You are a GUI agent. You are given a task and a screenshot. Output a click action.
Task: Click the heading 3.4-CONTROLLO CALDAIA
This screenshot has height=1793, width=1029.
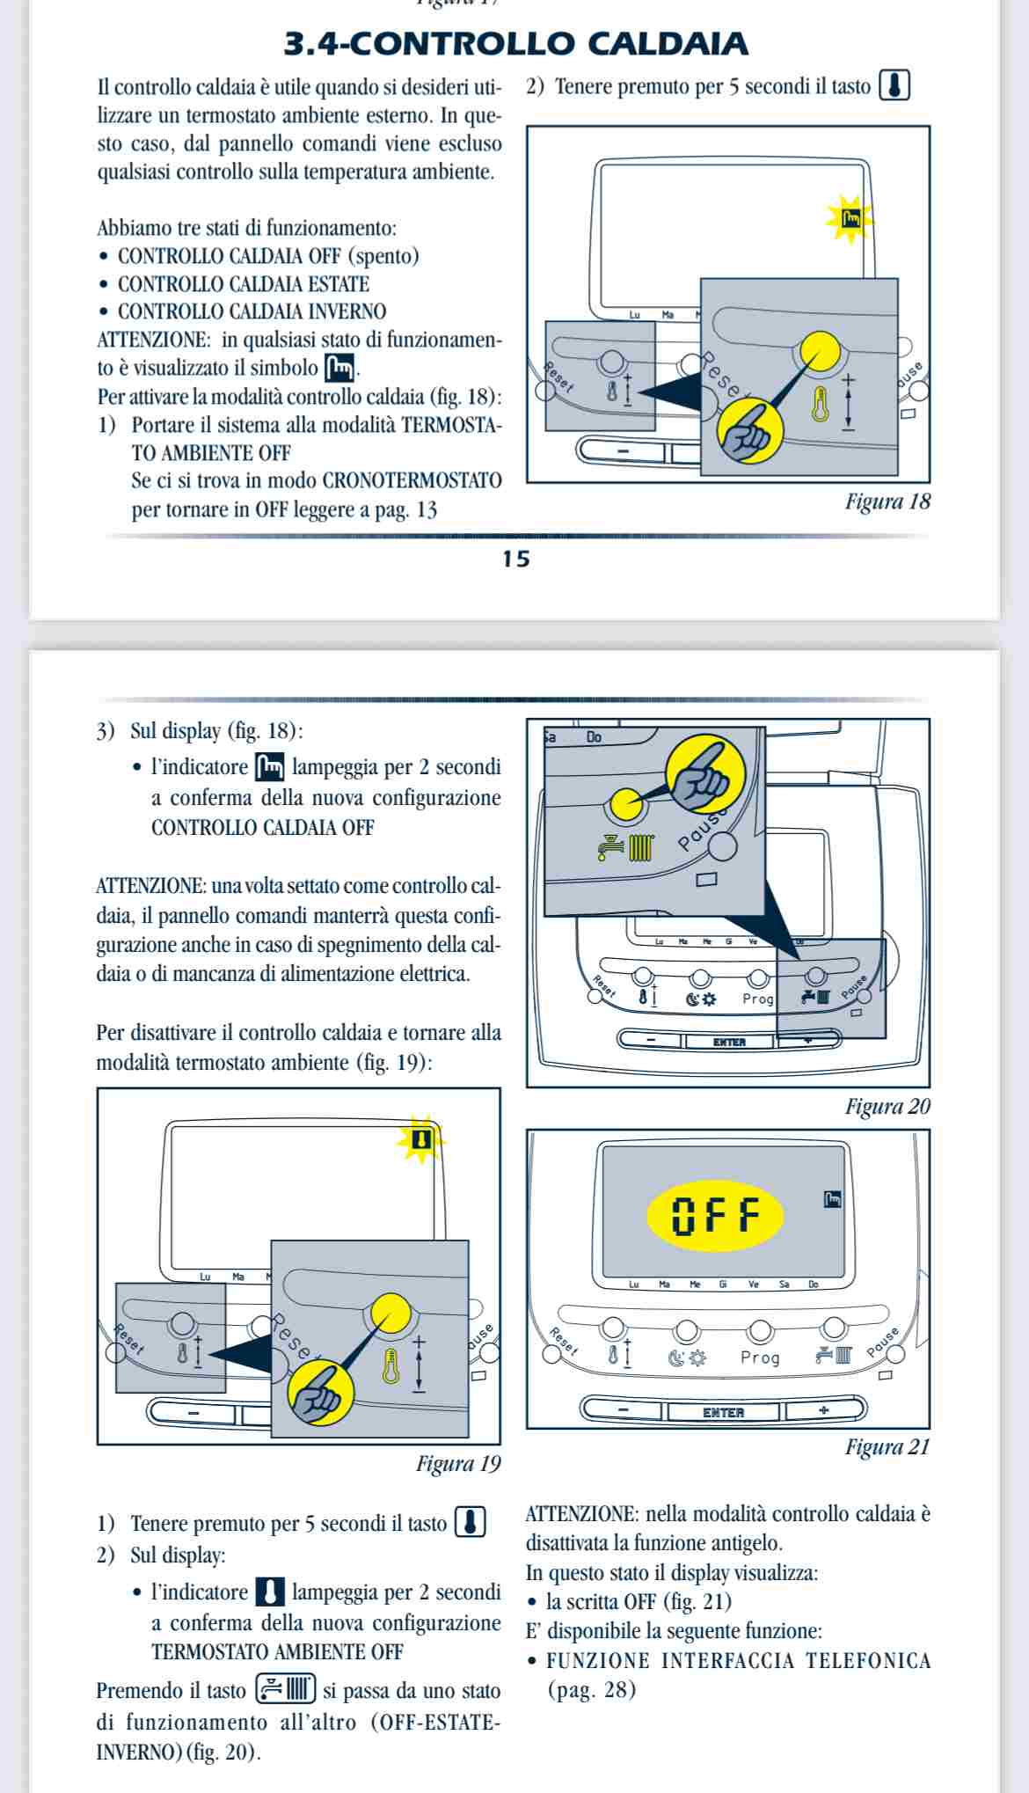[516, 43]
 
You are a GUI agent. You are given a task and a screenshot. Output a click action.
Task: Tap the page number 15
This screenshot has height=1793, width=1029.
[516, 559]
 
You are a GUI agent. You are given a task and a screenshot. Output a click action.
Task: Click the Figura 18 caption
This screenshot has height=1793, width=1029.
[887, 502]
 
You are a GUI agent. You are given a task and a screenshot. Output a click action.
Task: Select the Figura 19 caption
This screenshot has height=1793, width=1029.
[457, 1464]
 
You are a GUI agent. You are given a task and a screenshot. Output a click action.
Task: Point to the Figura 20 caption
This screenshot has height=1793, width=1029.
[887, 1107]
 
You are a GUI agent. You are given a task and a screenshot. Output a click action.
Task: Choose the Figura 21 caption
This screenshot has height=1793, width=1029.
[887, 1447]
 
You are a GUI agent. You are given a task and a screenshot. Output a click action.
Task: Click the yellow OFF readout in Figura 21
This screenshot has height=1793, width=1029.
[714, 1216]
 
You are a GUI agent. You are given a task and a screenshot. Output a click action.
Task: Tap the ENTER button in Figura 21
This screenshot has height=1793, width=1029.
[724, 1412]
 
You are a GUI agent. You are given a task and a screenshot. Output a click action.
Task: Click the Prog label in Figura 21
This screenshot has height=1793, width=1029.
[760, 1358]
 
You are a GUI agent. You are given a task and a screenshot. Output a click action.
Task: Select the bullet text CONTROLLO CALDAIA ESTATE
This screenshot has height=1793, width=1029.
[244, 284]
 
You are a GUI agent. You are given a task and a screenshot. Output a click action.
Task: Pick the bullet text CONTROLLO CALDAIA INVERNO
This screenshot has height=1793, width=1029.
[252, 311]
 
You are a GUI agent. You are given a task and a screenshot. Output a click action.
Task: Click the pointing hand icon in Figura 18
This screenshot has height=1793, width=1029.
[749, 428]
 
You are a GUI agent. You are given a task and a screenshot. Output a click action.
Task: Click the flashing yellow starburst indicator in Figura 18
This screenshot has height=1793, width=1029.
[850, 218]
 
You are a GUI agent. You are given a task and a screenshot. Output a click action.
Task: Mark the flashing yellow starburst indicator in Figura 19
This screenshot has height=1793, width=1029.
[421, 1140]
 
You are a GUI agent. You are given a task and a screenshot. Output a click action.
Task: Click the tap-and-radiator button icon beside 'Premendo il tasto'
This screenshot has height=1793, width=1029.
[285, 1690]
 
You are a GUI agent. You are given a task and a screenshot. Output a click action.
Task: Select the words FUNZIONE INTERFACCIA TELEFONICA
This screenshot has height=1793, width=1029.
[739, 1661]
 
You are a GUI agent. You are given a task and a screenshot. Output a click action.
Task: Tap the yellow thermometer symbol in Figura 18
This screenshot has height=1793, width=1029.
[821, 405]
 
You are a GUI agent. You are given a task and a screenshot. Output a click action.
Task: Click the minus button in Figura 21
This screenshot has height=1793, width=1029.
[624, 1410]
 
